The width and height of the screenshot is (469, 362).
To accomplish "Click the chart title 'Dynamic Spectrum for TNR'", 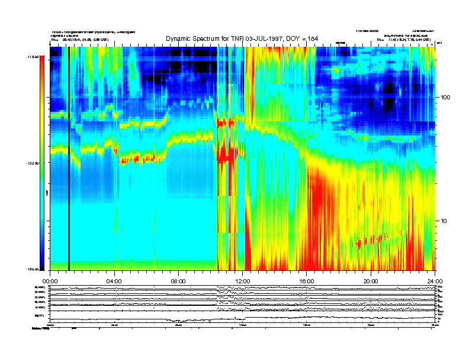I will pos(204,38).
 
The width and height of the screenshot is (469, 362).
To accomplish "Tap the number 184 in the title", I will pos(312,38).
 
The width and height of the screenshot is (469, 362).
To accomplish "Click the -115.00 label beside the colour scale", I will pos(31,57).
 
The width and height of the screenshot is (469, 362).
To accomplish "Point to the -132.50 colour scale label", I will pos(31,163).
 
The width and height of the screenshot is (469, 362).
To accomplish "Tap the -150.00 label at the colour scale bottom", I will pos(31,269).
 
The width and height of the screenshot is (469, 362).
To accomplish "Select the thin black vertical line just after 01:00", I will pos(69,160).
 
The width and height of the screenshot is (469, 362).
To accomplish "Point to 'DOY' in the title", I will pos(291,38).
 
